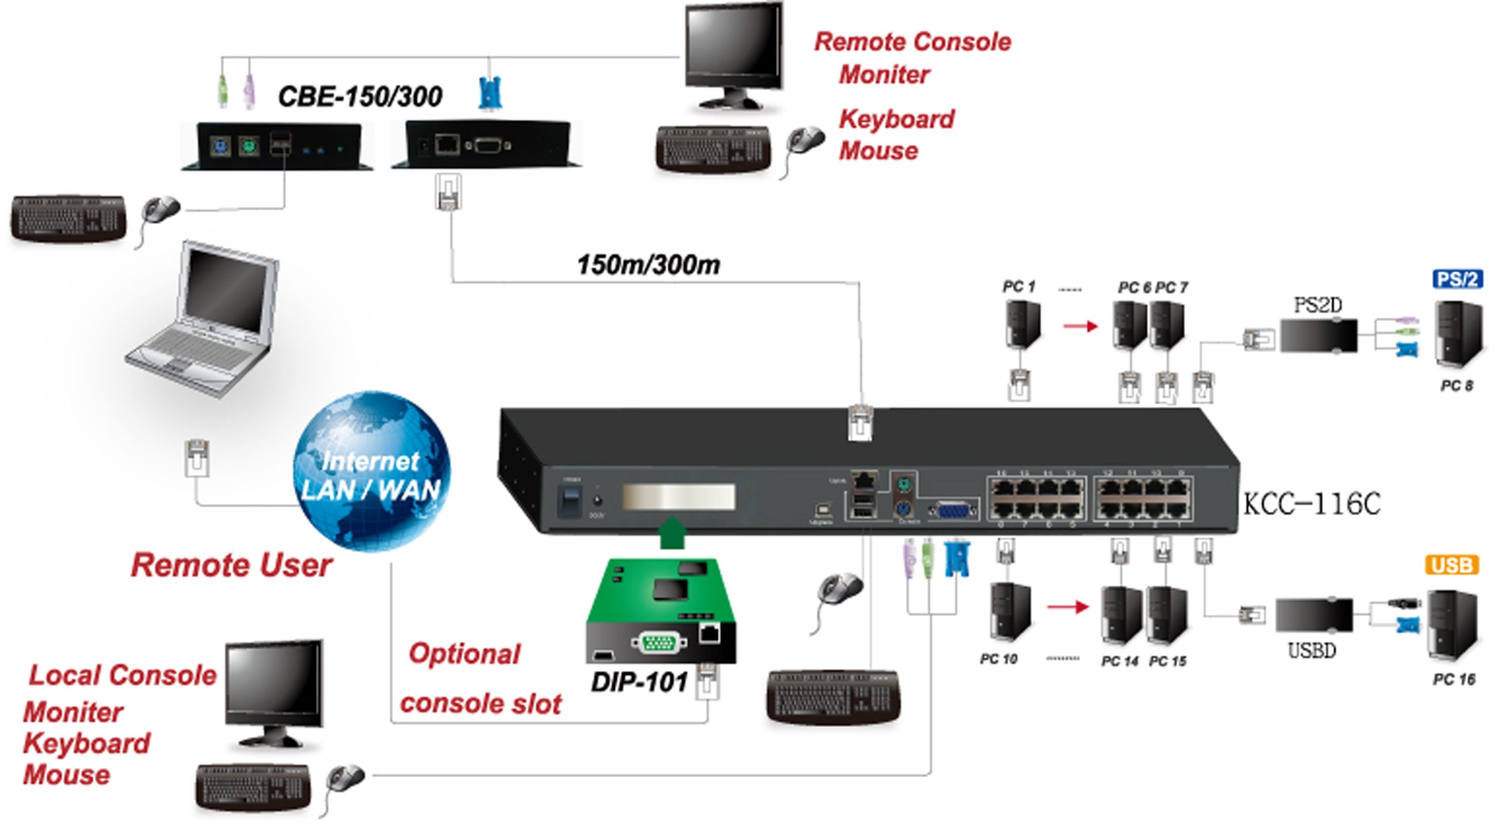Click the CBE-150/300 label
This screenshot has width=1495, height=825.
360,96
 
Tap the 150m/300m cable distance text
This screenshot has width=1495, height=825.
648,265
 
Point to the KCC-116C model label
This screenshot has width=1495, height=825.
1311,504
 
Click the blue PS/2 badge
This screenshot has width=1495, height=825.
1457,279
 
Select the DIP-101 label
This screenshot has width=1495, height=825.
639,682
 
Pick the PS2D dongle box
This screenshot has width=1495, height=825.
1318,335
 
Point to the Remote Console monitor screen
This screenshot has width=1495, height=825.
733,48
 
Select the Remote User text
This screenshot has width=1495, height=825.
232,565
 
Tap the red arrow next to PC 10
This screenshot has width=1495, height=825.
1067,607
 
